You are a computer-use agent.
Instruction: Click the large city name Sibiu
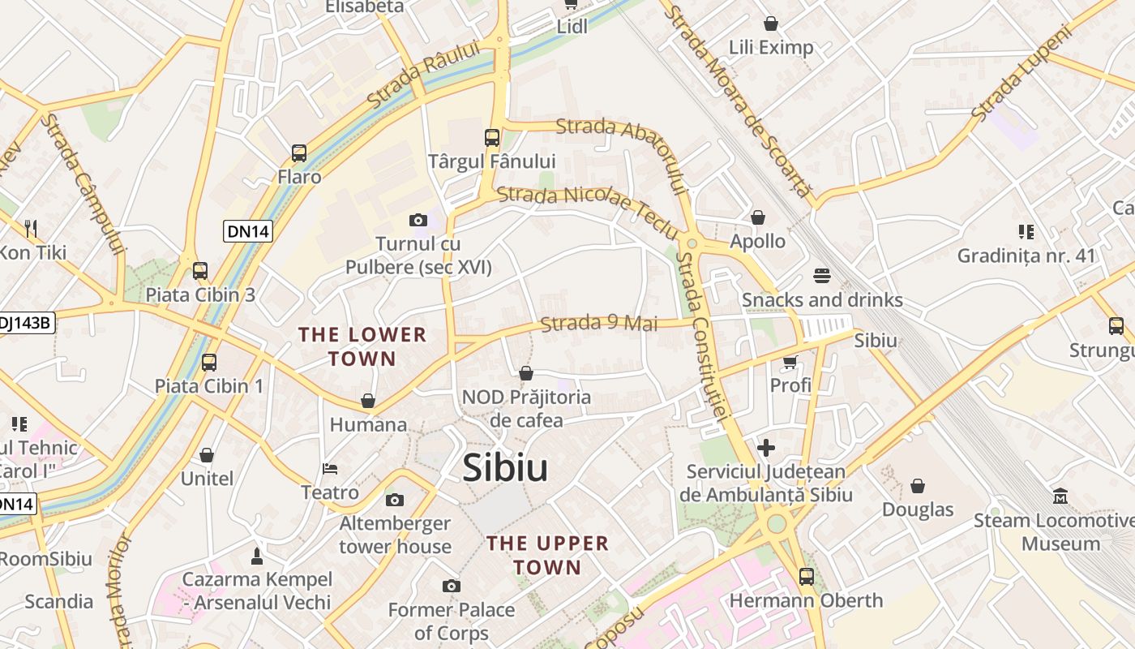coord(505,469)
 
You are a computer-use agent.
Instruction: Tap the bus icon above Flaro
coord(299,153)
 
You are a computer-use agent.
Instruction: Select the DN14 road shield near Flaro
coord(248,231)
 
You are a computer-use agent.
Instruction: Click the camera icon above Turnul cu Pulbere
coord(418,220)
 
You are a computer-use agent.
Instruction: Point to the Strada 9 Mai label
coord(599,323)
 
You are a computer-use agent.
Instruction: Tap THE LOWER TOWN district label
coord(362,346)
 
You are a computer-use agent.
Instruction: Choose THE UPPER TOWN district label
coord(547,555)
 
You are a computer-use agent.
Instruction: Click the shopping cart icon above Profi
coord(790,362)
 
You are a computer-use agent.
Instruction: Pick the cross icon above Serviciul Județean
coord(766,447)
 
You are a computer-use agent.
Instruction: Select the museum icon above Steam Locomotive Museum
coord(1060,496)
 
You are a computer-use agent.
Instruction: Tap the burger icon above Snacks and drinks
coord(822,276)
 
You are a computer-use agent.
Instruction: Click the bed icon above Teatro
coord(330,469)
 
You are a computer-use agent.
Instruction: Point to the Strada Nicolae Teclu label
coord(588,209)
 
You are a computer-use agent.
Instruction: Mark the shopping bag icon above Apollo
coord(758,217)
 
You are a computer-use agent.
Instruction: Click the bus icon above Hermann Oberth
coord(807,577)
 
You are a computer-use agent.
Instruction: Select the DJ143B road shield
coord(26,323)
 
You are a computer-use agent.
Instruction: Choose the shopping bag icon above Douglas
coord(918,486)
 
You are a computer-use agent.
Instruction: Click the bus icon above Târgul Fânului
coord(492,137)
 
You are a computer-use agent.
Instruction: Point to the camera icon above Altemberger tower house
coord(395,500)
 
